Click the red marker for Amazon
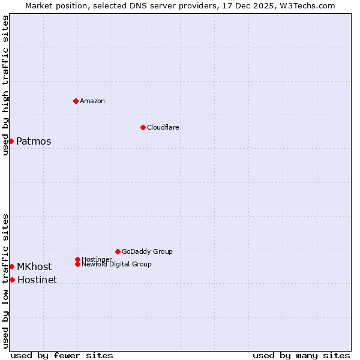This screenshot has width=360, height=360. pos(76,101)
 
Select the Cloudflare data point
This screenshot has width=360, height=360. pos(143,127)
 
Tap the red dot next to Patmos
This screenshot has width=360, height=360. pos(11,141)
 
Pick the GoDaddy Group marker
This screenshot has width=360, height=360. pos(118,251)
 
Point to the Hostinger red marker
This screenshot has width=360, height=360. pos(77,259)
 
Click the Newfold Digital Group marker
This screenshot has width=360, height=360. pos(77,264)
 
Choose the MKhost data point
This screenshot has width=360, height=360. pos(11,266)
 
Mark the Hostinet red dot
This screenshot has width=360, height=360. pos(12,280)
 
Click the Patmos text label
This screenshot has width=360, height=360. pos(34,142)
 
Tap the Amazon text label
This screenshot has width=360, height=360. pos(92,101)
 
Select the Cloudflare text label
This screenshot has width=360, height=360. pos(163,127)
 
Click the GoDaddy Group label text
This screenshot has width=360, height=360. pos(147,251)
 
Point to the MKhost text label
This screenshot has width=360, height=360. pos(34,267)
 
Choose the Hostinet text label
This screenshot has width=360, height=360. pos(37,280)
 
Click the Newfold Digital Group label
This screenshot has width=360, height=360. pos(117,264)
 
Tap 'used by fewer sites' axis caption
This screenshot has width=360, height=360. pos(62,355)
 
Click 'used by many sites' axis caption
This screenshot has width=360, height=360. pos(301,355)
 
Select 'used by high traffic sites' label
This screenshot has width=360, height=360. pos(6,85)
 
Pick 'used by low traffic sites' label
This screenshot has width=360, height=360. pos(6,281)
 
